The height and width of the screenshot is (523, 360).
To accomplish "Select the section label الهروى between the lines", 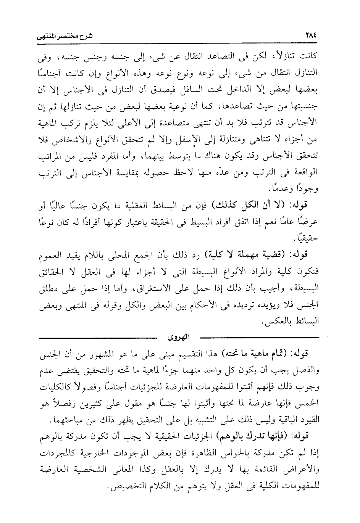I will [179, 337].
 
